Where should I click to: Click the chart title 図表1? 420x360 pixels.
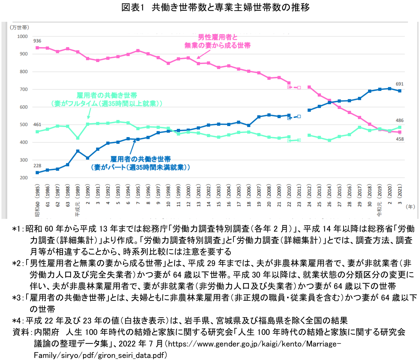[216, 7]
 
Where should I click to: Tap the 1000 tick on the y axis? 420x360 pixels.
[22, 36]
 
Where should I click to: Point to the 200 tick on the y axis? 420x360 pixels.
[23, 178]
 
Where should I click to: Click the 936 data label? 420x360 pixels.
[37, 41]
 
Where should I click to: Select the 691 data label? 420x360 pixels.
[399, 84]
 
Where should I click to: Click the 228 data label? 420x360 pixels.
[37, 166]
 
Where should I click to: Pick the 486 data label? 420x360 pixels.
[400, 121]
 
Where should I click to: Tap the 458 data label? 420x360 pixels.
[400, 139]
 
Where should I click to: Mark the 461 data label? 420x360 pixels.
[37, 125]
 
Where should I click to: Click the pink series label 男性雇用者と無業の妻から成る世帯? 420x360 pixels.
[217, 41]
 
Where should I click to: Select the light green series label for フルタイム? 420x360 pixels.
[107, 100]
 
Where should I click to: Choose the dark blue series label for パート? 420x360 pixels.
[140, 163]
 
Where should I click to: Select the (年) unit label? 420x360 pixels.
[410, 207]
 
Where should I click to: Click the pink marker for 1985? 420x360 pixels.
[37, 48]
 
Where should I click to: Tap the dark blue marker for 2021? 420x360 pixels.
[400, 91]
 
